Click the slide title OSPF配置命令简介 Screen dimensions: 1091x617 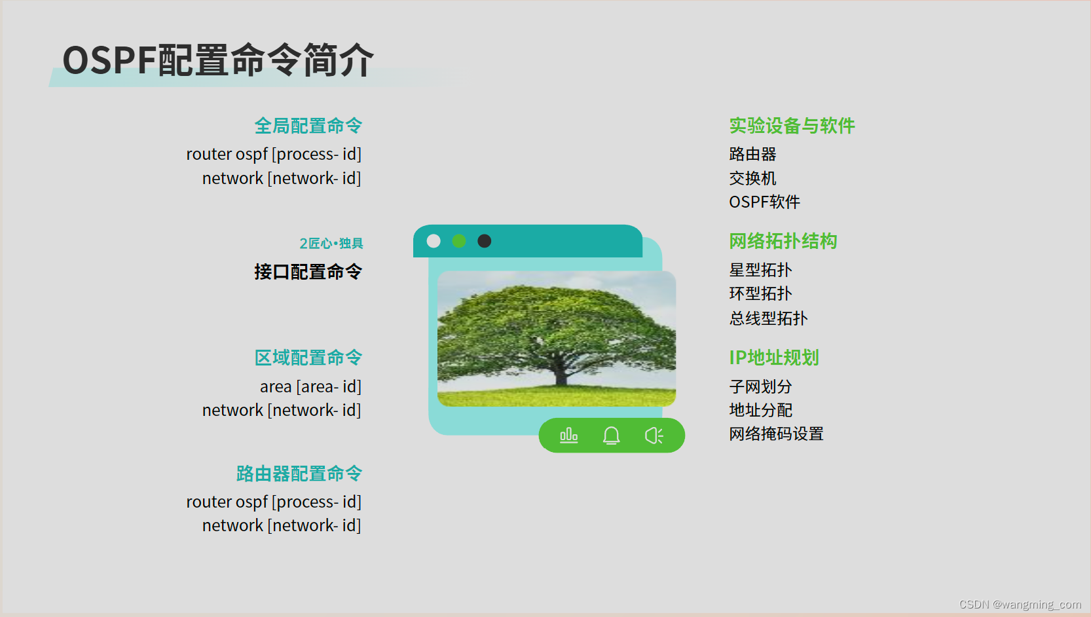[217, 60]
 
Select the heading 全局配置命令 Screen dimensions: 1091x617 [308, 126]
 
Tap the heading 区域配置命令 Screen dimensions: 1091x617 [308, 358]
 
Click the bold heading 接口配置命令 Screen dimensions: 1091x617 [308, 272]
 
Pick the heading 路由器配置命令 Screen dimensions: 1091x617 [299, 474]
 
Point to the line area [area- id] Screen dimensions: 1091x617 [311, 386]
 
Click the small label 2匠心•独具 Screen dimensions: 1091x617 [331, 243]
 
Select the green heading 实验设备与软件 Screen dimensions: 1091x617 [792, 126]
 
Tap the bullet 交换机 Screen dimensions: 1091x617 [752, 178]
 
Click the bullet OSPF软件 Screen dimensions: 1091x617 [765, 202]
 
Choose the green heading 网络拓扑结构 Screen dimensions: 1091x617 [783, 241]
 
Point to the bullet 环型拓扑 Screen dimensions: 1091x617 [760, 293]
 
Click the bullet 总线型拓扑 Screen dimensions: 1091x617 [768, 318]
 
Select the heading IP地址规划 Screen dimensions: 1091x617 [774, 358]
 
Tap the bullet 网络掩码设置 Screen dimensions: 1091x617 [777, 434]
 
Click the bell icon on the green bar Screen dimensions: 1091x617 [611, 436]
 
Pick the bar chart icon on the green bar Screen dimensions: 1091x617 [569, 436]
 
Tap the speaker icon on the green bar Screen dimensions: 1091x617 [654, 436]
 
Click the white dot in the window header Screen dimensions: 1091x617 [434, 241]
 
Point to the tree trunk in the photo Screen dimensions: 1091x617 [561, 372]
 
